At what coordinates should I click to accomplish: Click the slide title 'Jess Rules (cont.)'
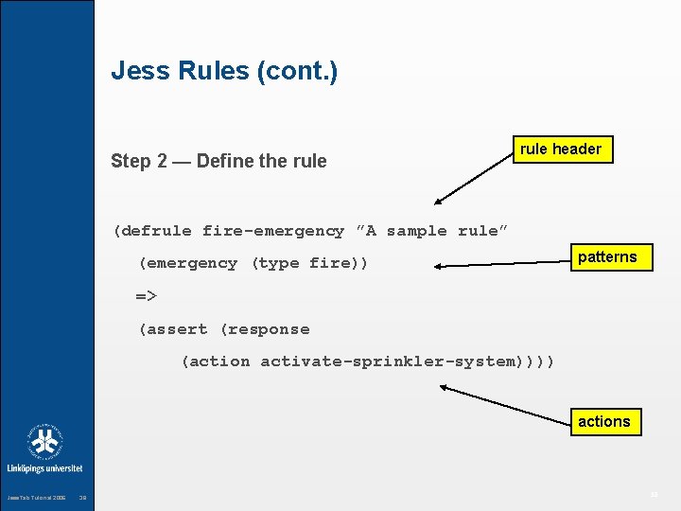pos(224,71)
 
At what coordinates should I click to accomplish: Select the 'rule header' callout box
pos(561,149)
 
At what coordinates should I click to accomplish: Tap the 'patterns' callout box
pos(607,256)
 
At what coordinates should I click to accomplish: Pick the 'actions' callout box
pos(603,421)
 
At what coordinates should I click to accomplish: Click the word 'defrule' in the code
pos(156,231)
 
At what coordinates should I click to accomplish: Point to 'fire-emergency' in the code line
pos(273,231)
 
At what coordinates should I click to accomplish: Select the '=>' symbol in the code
pos(146,296)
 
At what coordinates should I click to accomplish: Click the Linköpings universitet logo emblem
pos(44,442)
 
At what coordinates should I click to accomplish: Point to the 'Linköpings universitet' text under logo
pos(44,468)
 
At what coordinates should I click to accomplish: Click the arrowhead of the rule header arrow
pos(437,203)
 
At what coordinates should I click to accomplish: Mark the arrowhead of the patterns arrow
pos(436,267)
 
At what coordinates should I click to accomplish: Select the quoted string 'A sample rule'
pos(432,231)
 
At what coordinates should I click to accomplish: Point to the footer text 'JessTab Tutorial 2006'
pos(36,498)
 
